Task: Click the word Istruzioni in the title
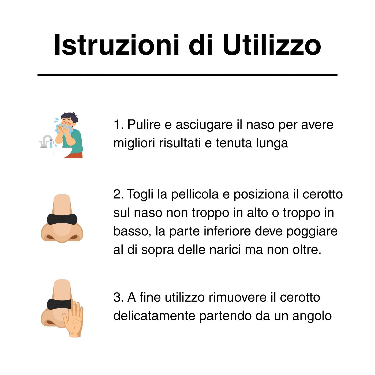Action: [x=116, y=45]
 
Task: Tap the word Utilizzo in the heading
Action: [x=271, y=45]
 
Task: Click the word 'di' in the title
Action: [x=200, y=45]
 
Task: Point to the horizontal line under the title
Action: [x=187, y=75]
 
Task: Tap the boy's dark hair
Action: [x=70, y=118]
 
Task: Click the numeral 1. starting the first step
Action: [x=118, y=124]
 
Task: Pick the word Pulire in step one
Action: [x=144, y=124]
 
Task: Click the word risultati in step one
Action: [x=180, y=143]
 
